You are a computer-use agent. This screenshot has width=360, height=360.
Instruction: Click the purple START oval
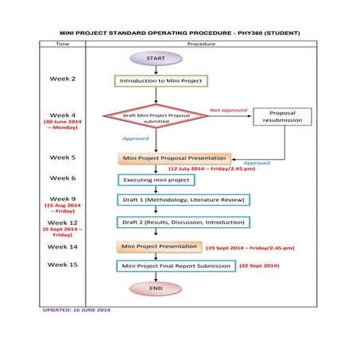156,58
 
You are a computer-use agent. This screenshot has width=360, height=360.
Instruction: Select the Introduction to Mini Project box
161,80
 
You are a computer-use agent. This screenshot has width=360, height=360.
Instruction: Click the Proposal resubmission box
282,118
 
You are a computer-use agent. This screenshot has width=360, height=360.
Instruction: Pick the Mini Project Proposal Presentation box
174,158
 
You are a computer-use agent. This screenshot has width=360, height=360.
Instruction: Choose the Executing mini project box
156,180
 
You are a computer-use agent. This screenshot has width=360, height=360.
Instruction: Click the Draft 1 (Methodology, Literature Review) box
183,199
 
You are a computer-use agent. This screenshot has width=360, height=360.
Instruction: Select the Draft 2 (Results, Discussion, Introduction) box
183,222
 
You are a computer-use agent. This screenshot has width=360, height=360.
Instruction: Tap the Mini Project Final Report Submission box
176,265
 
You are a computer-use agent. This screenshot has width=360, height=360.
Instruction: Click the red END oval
156,288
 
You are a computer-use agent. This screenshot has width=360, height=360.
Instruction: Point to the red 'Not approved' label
228,110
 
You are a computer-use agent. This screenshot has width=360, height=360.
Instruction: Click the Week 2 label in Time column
63,79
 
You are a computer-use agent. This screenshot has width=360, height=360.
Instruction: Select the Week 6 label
63,178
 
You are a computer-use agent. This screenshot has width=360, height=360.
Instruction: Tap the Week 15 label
63,264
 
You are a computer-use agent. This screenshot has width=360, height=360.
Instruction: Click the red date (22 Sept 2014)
259,265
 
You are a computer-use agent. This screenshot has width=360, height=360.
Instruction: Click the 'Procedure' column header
201,45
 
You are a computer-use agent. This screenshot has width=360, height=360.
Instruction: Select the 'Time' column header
63,45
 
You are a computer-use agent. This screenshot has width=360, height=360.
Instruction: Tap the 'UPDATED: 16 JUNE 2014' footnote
77,309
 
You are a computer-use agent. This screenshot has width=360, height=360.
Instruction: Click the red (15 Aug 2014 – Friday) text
63,209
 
